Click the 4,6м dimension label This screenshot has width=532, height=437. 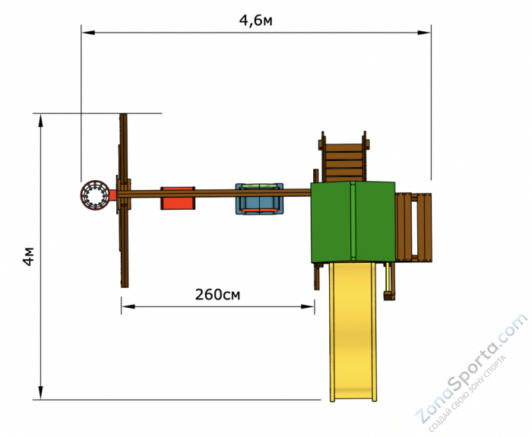(x=255, y=21)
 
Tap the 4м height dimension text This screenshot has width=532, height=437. (x=28, y=256)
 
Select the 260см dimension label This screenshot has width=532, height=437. (x=217, y=294)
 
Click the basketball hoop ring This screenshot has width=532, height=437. (x=95, y=195)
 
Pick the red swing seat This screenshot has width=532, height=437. (x=178, y=198)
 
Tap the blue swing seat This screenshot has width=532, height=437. (x=259, y=200)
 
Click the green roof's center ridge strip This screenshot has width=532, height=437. (x=353, y=221)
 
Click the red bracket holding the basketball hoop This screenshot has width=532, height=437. (x=112, y=195)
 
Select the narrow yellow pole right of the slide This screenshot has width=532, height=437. (x=391, y=281)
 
